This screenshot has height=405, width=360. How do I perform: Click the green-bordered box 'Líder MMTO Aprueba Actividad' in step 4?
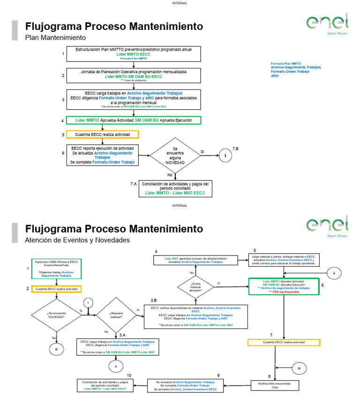[134, 120]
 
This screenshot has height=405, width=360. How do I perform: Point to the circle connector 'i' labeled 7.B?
[225, 155]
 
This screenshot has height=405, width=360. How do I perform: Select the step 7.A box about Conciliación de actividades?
[175, 188]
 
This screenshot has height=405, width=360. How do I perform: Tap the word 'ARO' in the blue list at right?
[275, 75]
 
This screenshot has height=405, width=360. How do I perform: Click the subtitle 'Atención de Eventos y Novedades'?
[77, 240]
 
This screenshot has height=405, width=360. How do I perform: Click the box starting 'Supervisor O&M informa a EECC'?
[57, 269]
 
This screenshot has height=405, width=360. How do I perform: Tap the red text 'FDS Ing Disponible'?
[284, 291]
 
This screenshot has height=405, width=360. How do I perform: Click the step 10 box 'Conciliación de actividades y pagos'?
[105, 385]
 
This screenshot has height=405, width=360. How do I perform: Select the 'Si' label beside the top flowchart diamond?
[202, 151]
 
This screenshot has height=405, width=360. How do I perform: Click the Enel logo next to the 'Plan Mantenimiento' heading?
[327, 23]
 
